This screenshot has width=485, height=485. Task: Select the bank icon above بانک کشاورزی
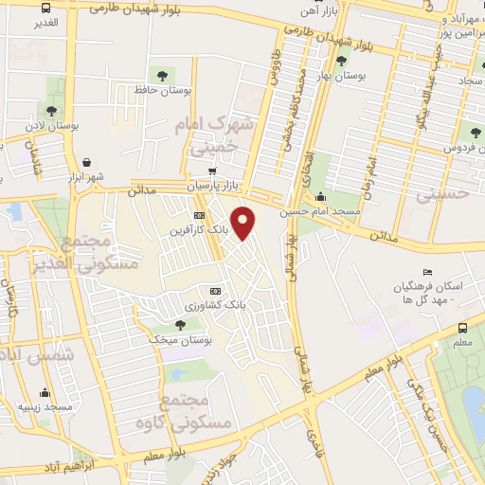coord(215,291)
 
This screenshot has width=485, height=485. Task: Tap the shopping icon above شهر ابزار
coord(87,162)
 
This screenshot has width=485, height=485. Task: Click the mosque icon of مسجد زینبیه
coord(45,392)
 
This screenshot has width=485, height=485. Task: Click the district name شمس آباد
coord(33,355)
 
